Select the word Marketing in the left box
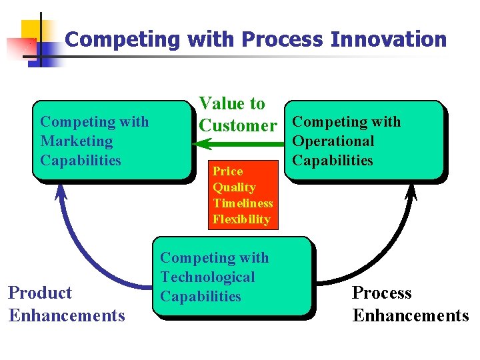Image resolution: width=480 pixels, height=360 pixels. pyautogui.click(x=77, y=141)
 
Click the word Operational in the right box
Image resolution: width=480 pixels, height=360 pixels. pyautogui.click(x=333, y=141)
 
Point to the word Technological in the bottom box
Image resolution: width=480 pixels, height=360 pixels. pyautogui.click(x=208, y=277)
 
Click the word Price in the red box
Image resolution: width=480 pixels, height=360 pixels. pyautogui.click(x=227, y=171)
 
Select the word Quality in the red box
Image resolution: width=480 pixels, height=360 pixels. pyautogui.click(x=234, y=187)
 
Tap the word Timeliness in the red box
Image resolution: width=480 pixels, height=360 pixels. pyautogui.click(x=243, y=203)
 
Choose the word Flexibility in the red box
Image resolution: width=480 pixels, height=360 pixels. pyautogui.click(x=241, y=219)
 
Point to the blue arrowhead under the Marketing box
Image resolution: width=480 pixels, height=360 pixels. pyautogui.click(x=61, y=191)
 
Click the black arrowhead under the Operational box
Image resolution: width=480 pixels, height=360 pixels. pyautogui.click(x=411, y=191)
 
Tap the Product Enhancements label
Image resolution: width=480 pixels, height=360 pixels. pyautogui.click(x=67, y=304)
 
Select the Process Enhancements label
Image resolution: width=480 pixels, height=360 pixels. pyautogui.click(x=410, y=304)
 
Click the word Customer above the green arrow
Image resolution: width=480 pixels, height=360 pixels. pyautogui.click(x=238, y=125)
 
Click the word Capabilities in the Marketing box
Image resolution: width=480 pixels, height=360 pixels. pyautogui.click(x=81, y=161)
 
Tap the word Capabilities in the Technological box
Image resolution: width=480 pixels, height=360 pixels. pyautogui.click(x=201, y=297)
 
